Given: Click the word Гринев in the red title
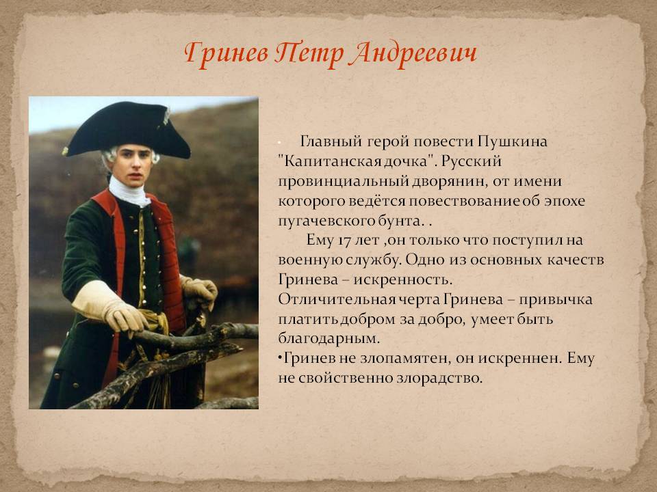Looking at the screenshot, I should coord(227,55).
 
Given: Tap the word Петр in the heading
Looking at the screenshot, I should coord(309,55).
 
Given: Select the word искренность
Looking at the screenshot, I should coord(403,279).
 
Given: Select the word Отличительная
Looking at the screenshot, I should coord(327,299).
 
